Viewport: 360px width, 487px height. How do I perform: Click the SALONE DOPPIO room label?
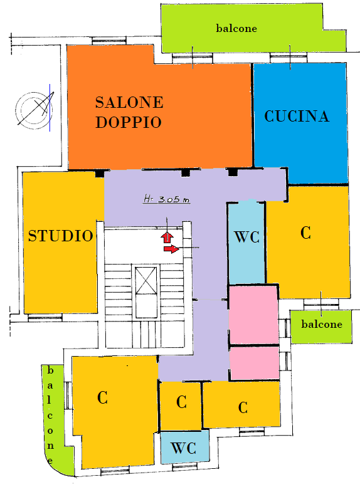129,112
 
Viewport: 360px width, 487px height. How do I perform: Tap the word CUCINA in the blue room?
297,116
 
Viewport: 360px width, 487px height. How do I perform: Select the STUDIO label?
61,236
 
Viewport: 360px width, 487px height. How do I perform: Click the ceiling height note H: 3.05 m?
167,199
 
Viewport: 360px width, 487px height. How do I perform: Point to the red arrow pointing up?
167,238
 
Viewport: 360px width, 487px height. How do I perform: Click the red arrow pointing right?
172,248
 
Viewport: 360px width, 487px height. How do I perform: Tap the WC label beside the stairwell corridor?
247,237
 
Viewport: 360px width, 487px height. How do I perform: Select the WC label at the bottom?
184,448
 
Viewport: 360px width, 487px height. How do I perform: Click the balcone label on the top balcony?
236,28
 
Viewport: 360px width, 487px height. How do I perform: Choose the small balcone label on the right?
322,324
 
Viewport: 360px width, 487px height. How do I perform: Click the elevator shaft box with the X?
146,291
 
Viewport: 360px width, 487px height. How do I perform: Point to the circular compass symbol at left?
34,110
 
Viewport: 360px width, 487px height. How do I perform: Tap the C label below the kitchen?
305,233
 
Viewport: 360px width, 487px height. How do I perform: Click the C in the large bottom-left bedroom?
102,397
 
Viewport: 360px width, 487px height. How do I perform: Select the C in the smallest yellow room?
181,402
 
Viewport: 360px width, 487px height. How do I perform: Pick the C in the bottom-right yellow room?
243,407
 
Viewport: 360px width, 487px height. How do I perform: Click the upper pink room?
253,315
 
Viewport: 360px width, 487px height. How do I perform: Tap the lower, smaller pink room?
254,363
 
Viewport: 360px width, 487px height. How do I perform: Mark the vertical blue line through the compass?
50,107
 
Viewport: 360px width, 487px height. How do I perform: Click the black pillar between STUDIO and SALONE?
100,174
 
